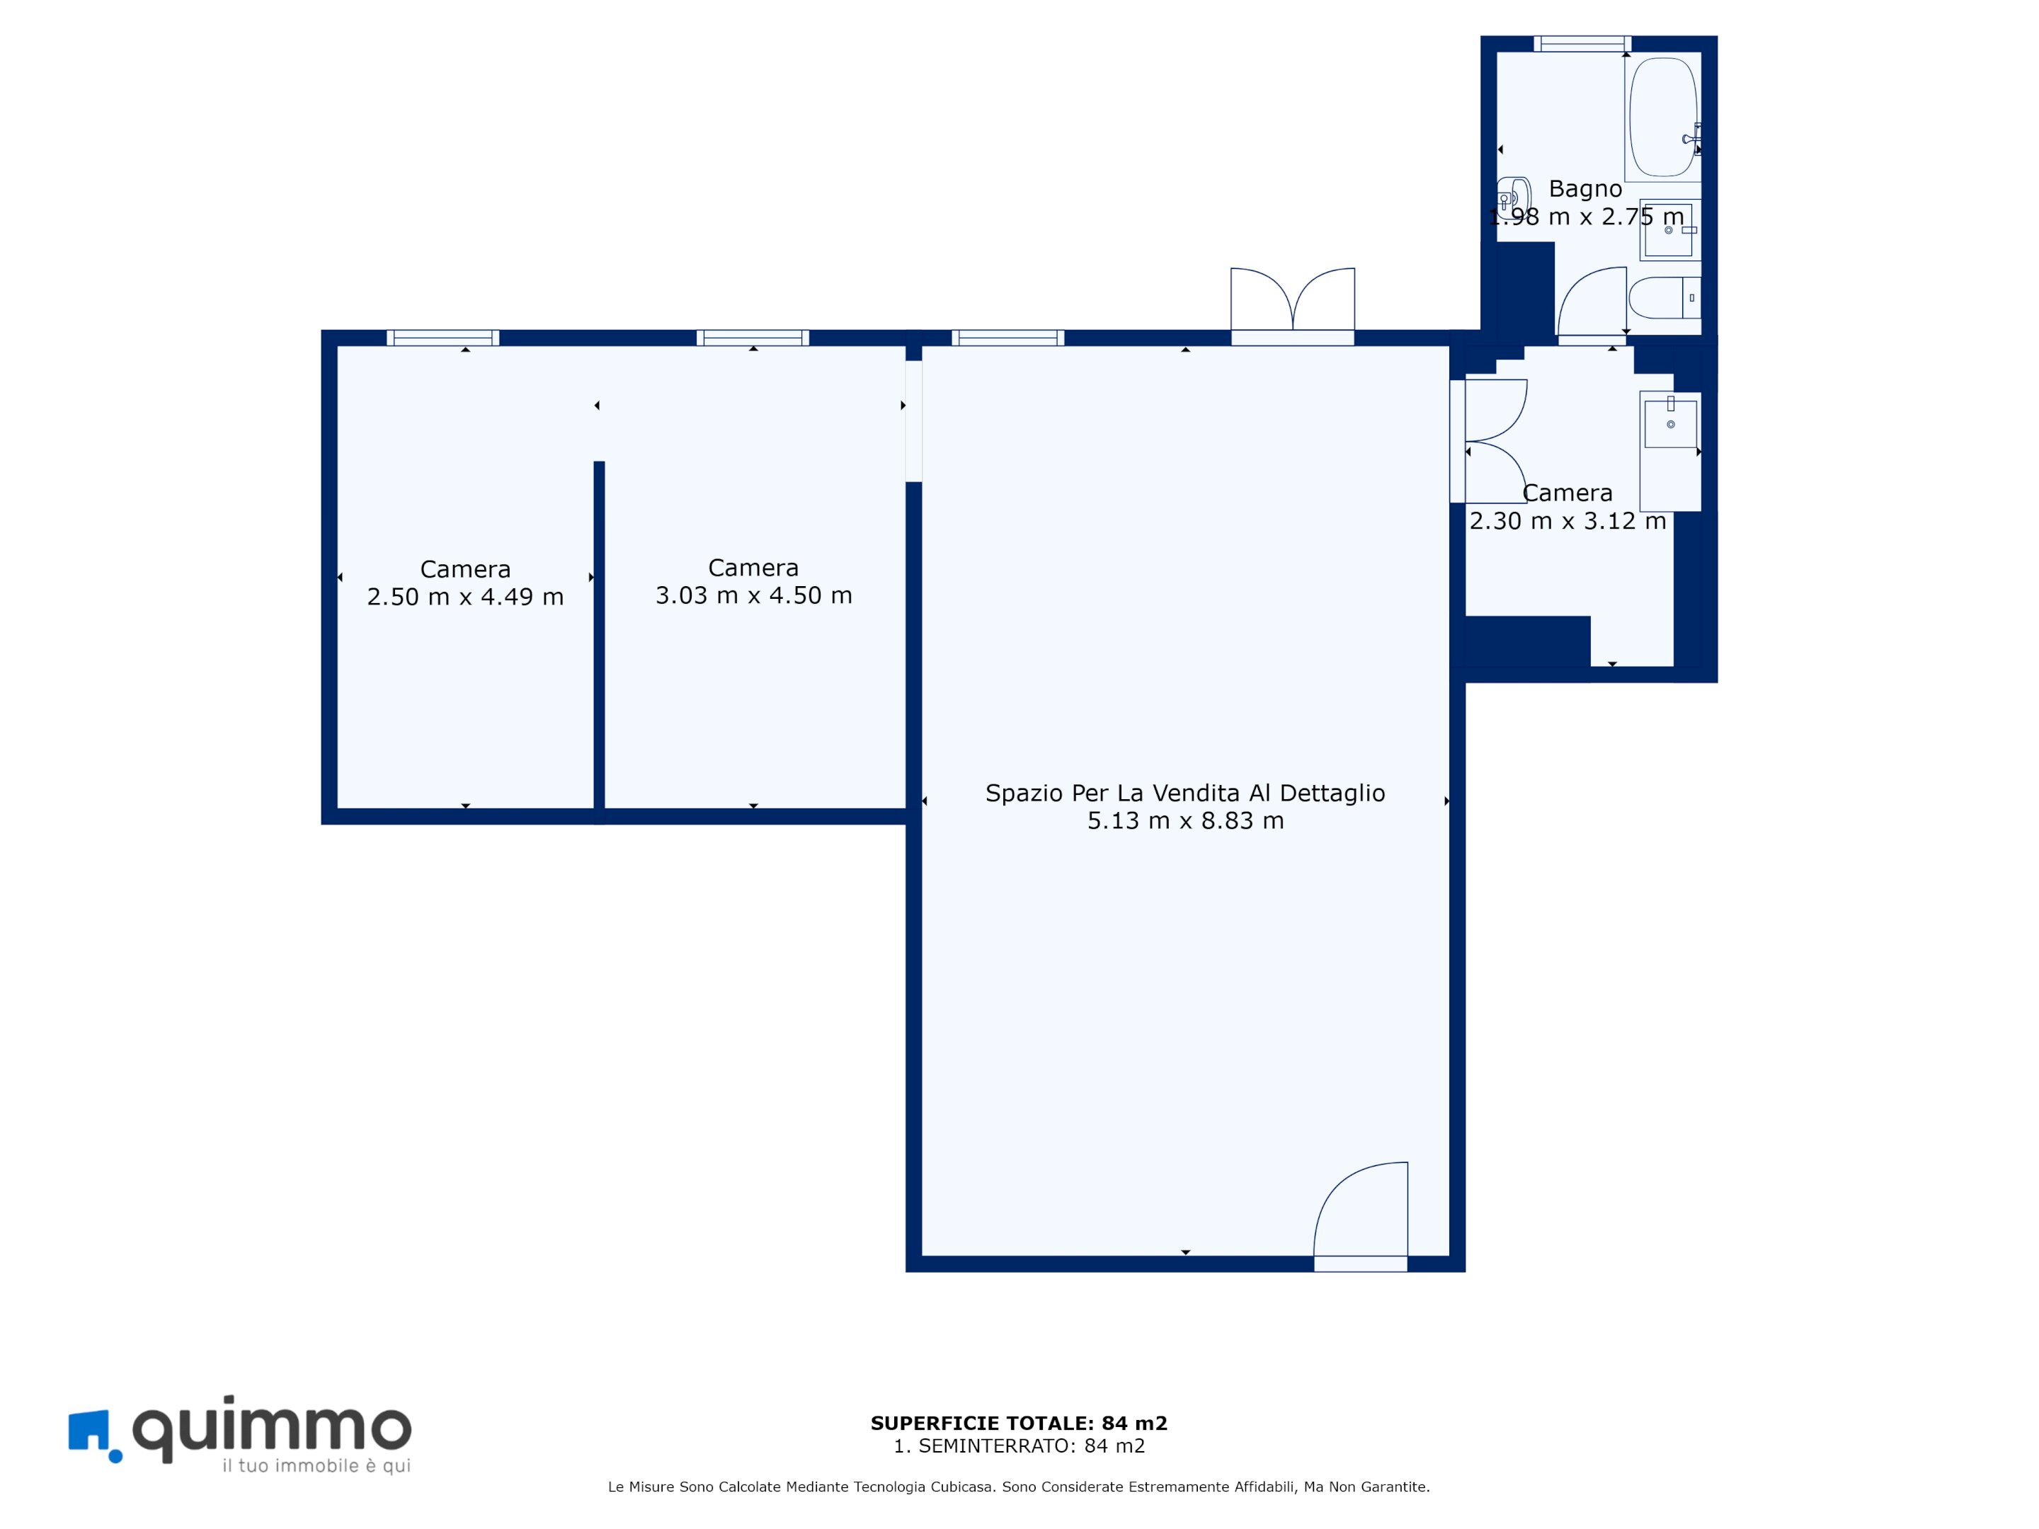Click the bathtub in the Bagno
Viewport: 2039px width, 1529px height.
pyautogui.click(x=1662, y=117)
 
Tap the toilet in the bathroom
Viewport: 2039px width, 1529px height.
pyautogui.click(x=1664, y=298)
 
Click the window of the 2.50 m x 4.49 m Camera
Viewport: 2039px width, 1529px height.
pyautogui.click(x=442, y=338)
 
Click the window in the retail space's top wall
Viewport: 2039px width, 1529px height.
pyautogui.click(x=1007, y=338)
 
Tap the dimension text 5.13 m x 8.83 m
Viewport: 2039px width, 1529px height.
pyautogui.click(x=1185, y=820)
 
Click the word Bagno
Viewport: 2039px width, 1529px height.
pyautogui.click(x=1584, y=189)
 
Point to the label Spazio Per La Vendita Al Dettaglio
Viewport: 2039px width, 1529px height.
pyautogui.click(x=1185, y=793)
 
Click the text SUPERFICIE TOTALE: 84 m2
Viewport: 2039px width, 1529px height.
pyautogui.click(x=1019, y=1423)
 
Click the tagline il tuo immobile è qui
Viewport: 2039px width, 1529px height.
pyautogui.click(x=316, y=1465)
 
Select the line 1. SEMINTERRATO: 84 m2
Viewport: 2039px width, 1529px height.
pyautogui.click(x=1019, y=1446)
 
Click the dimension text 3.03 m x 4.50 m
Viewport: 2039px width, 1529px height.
pyautogui.click(x=753, y=595)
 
